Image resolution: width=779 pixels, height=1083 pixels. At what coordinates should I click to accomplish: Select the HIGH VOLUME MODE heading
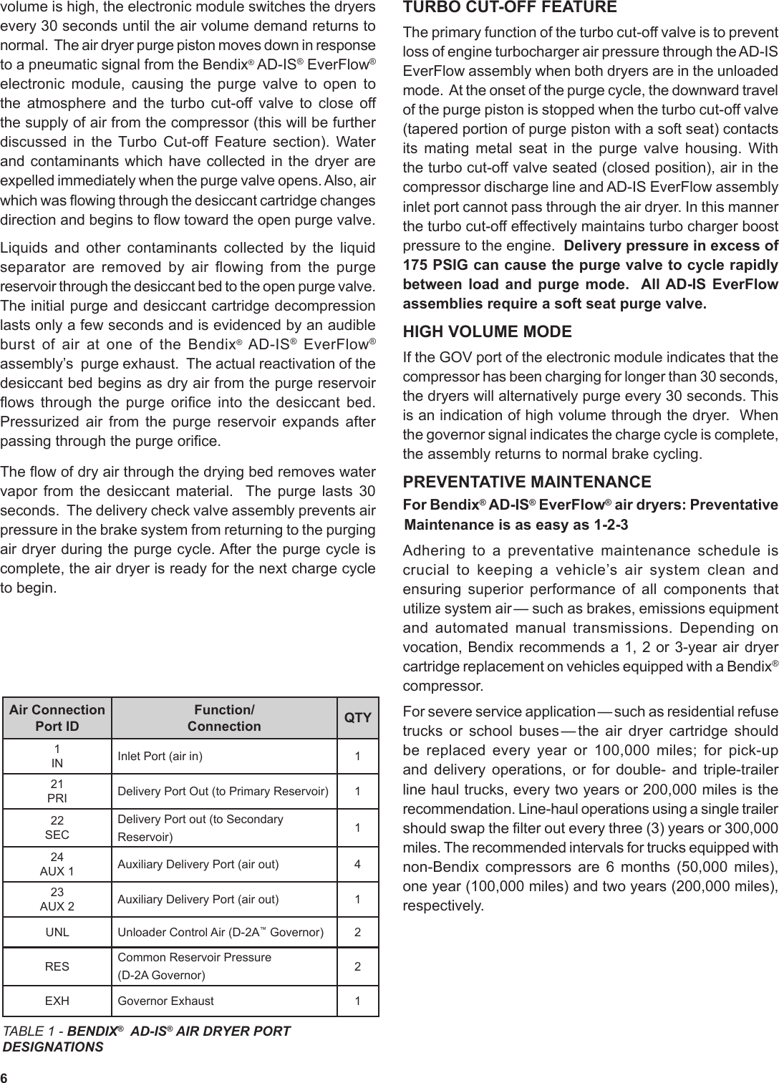(488, 332)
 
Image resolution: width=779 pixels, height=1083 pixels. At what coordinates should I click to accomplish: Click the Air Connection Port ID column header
(57, 718)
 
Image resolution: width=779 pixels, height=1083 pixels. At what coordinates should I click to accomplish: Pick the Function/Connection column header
(224, 718)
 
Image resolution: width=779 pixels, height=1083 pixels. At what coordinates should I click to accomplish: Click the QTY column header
(358, 718)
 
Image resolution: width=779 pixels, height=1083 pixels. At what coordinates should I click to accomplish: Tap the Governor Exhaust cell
(165, 1001)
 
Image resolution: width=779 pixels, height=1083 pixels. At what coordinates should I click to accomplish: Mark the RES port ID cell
(57, 966)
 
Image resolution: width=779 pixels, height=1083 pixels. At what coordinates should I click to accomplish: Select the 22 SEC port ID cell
(57, 827)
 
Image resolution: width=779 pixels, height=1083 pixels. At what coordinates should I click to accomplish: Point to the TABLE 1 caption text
(147, 1039)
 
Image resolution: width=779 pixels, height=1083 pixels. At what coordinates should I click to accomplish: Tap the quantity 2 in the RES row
(358, 966)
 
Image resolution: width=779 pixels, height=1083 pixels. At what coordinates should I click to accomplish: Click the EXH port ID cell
(57, 1001)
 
